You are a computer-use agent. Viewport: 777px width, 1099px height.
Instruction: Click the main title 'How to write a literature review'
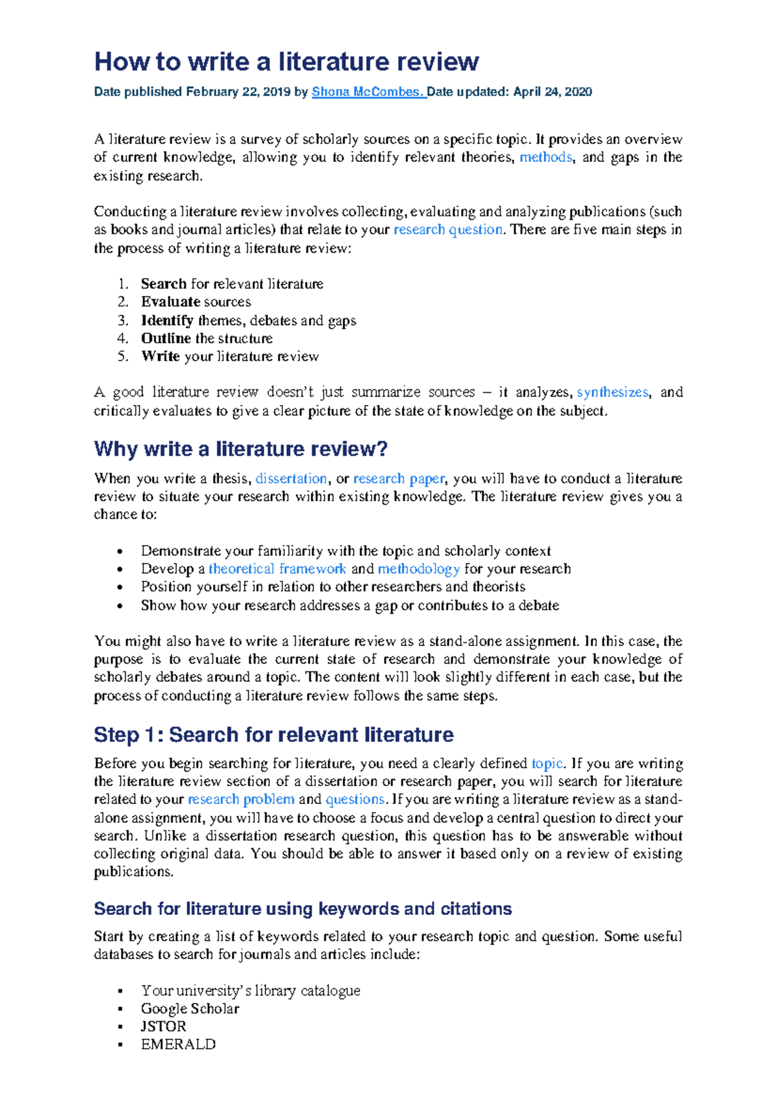(286, 62)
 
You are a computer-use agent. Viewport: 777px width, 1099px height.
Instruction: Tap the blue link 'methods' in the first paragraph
(545, 157)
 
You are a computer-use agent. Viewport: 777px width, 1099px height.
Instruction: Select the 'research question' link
(447, 229)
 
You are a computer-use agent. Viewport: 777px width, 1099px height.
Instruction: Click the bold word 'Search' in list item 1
(164, 284)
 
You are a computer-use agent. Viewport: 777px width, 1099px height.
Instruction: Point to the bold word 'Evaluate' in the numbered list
(170, 302)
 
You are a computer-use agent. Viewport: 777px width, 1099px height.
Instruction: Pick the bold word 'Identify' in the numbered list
(167, 320)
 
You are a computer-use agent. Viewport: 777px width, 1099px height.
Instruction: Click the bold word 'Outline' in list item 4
(166, 338)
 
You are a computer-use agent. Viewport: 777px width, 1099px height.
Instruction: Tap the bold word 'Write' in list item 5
(161, 356)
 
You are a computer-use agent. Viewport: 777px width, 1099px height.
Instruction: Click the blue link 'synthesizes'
(612, 393)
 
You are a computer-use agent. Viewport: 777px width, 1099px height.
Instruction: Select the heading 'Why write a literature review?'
(240, 449)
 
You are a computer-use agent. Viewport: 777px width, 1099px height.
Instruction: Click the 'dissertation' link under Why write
(291, 479)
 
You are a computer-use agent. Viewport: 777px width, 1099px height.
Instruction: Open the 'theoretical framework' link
(277, 569)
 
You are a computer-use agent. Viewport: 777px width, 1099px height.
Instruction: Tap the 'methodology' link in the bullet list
(418, 569)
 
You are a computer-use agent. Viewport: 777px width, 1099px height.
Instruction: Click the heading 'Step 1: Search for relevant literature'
(273, 735)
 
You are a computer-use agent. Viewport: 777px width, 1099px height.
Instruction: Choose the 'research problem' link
(241, 800)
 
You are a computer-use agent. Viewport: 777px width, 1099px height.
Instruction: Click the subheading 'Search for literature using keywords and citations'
(302, 909)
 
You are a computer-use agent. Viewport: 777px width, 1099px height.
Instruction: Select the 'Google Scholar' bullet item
(190, 1009)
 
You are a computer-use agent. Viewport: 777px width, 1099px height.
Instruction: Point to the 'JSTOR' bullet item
(163, 1026)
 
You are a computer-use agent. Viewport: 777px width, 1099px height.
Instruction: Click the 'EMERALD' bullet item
(178, 1045)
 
